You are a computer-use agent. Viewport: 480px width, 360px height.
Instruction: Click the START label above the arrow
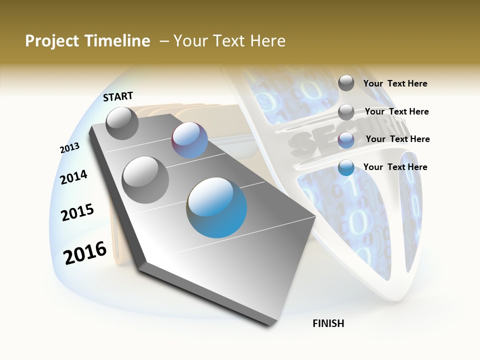coord(118,96)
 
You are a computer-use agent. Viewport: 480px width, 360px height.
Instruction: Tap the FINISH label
coord(328,323)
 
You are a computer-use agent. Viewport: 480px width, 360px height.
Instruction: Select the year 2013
coord(69,147)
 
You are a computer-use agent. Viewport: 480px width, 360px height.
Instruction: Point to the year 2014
coord(73,177)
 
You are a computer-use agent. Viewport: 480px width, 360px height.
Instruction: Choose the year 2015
coord(77,212)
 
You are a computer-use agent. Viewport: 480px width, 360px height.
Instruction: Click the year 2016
coord(85,252)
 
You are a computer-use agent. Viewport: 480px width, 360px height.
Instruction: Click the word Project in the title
coord(52,41)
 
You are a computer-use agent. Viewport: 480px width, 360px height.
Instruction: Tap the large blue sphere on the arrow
coord(217,207)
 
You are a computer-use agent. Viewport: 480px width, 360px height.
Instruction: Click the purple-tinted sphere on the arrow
coord(189,140)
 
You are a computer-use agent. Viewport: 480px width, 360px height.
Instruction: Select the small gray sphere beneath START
coord(122,123)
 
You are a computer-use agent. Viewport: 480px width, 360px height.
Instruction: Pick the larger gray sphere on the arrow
coord(145,179)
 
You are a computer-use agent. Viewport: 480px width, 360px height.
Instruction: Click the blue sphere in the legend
coord(346,167)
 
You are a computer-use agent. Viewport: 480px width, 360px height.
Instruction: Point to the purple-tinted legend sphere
coord(346,139)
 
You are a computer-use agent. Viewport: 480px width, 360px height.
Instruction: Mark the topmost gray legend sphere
coord(346,83)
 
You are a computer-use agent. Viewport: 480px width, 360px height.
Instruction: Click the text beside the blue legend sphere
coord(395,167)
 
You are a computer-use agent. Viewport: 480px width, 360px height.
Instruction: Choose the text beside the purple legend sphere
coord(397,139)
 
